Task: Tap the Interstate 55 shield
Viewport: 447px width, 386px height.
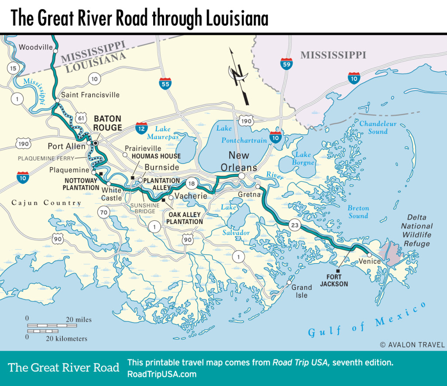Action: pyautogui.click(x=165, y=83)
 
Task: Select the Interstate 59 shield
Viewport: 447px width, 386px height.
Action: pyautogui.click(x=286, y=65)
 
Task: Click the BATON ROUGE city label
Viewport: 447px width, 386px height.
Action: pyautogui.click(x=107, y=123)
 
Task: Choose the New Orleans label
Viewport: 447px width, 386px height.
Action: pyautogui.click(x=239, y=161)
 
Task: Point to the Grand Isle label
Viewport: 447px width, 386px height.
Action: pyautogui.click(x=302, y=291)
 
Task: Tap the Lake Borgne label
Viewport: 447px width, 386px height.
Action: pyautogui.click(x=303, y=158)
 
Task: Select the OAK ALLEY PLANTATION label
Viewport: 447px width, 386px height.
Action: pyautogui.click(x=184, y=218)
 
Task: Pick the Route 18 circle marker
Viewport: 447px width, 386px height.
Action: pyautogui.click(x=190, y=183)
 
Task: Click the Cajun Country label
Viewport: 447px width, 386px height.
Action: pyautogui.click(x=46, y=203)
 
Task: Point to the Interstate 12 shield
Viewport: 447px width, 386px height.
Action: pyautogui.click(x=141, y=127)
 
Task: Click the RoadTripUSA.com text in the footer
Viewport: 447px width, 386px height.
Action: pyautogui.click(x=162, y=374)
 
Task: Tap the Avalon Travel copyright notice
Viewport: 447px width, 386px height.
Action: pyautogui.click(x=412, y=344)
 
